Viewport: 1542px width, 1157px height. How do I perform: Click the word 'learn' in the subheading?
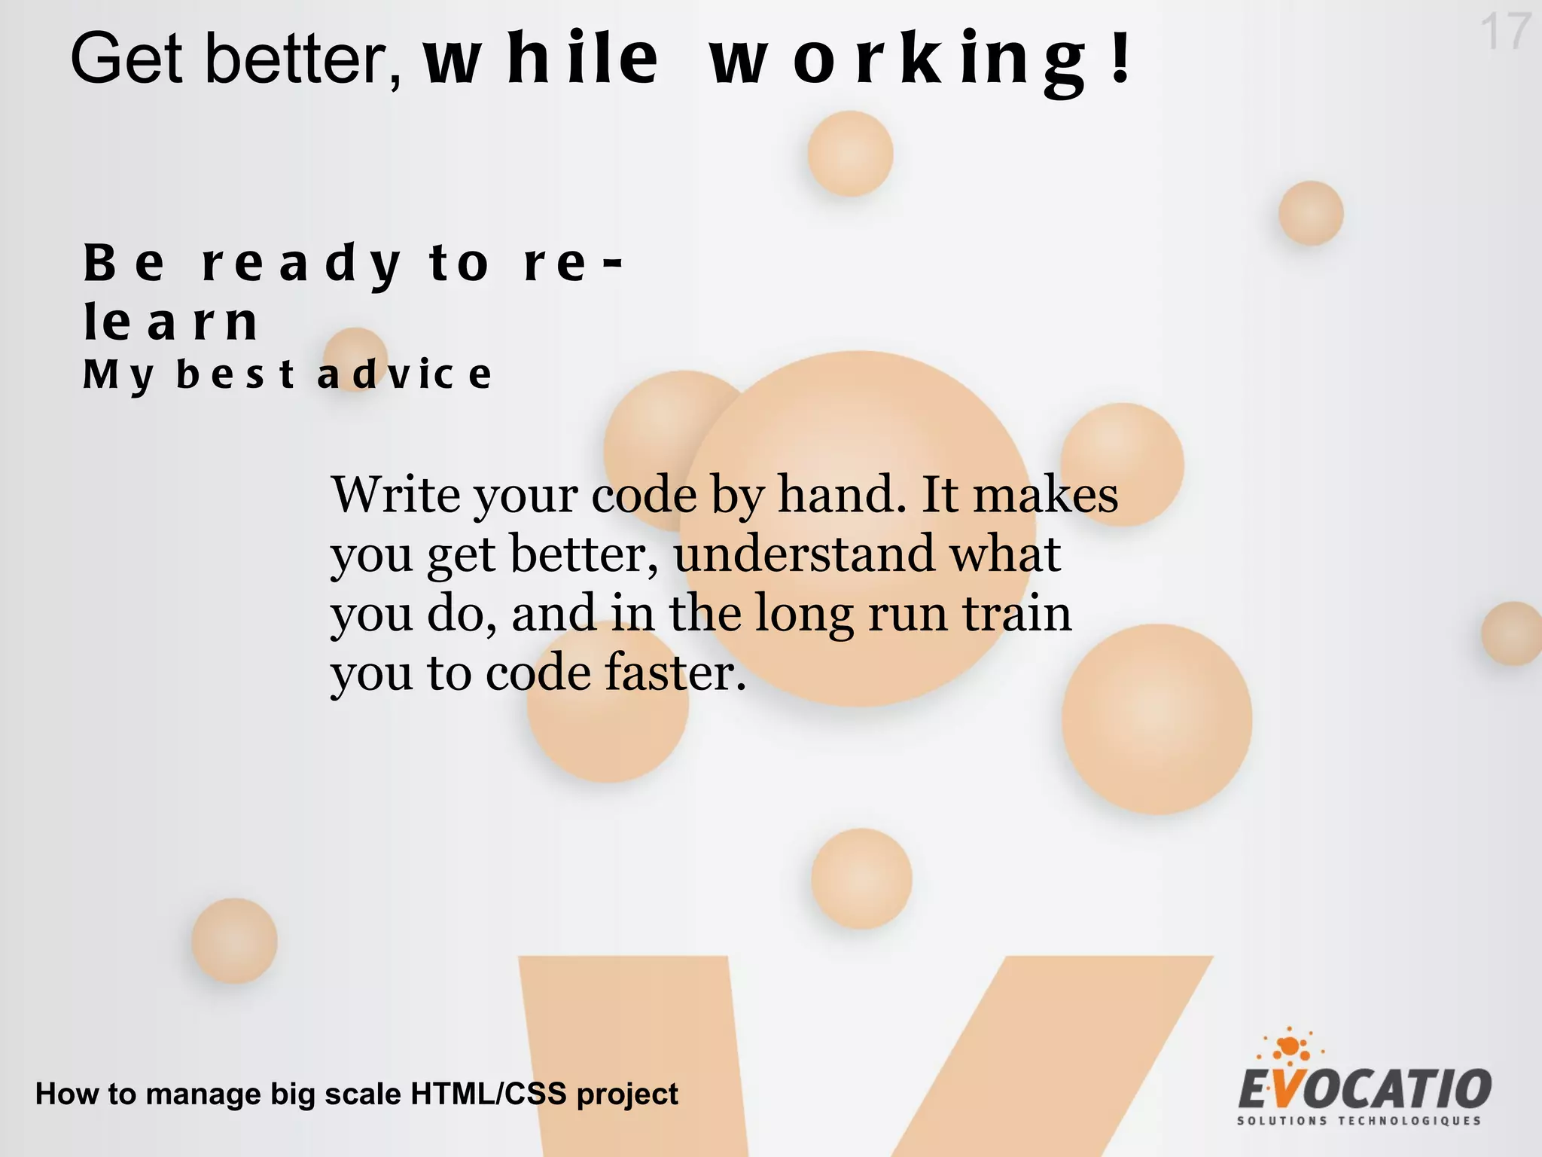coord(171,322)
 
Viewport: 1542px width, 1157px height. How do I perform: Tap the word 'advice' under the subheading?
coord(404,374)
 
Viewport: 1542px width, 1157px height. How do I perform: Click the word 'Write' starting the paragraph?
coord(395,496)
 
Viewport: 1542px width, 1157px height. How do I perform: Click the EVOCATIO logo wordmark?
coord(1364,1088)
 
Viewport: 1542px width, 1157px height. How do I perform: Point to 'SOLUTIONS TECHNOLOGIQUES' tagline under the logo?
coord(1359,1121)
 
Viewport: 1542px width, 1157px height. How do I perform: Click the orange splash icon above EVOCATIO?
coord(1290,1046)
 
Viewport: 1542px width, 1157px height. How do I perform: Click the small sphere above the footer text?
coord(234,941)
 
